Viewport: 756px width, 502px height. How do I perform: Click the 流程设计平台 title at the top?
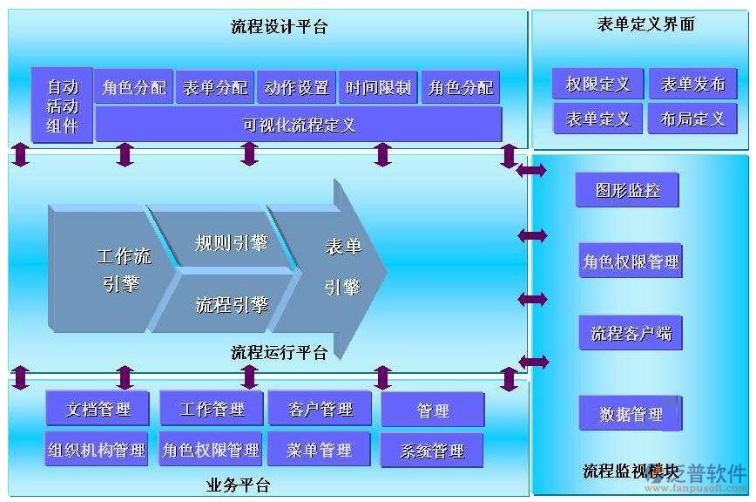(279, 27)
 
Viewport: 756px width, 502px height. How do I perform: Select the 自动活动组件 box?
(62, 106)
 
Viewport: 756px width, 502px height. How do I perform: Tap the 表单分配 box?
(214, 88)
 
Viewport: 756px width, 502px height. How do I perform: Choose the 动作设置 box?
(296, 88)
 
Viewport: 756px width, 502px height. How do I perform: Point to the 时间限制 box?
(378, 88)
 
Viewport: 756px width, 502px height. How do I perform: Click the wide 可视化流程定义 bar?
(299, 125)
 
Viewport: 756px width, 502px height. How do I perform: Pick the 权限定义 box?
(597, 85)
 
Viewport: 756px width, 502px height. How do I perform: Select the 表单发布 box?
(692, 85)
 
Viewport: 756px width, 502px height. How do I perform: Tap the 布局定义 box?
(692, 119)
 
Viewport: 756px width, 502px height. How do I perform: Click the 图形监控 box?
(627, 190)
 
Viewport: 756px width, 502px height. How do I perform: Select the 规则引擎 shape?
(231, 241)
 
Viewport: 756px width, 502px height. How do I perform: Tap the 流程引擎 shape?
(231, 304)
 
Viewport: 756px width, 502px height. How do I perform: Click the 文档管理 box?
(98, 409)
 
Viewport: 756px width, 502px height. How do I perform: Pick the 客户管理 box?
(320, 409)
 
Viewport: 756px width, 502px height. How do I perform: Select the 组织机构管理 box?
(97, 450)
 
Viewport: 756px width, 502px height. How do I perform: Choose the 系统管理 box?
(432, 451)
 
